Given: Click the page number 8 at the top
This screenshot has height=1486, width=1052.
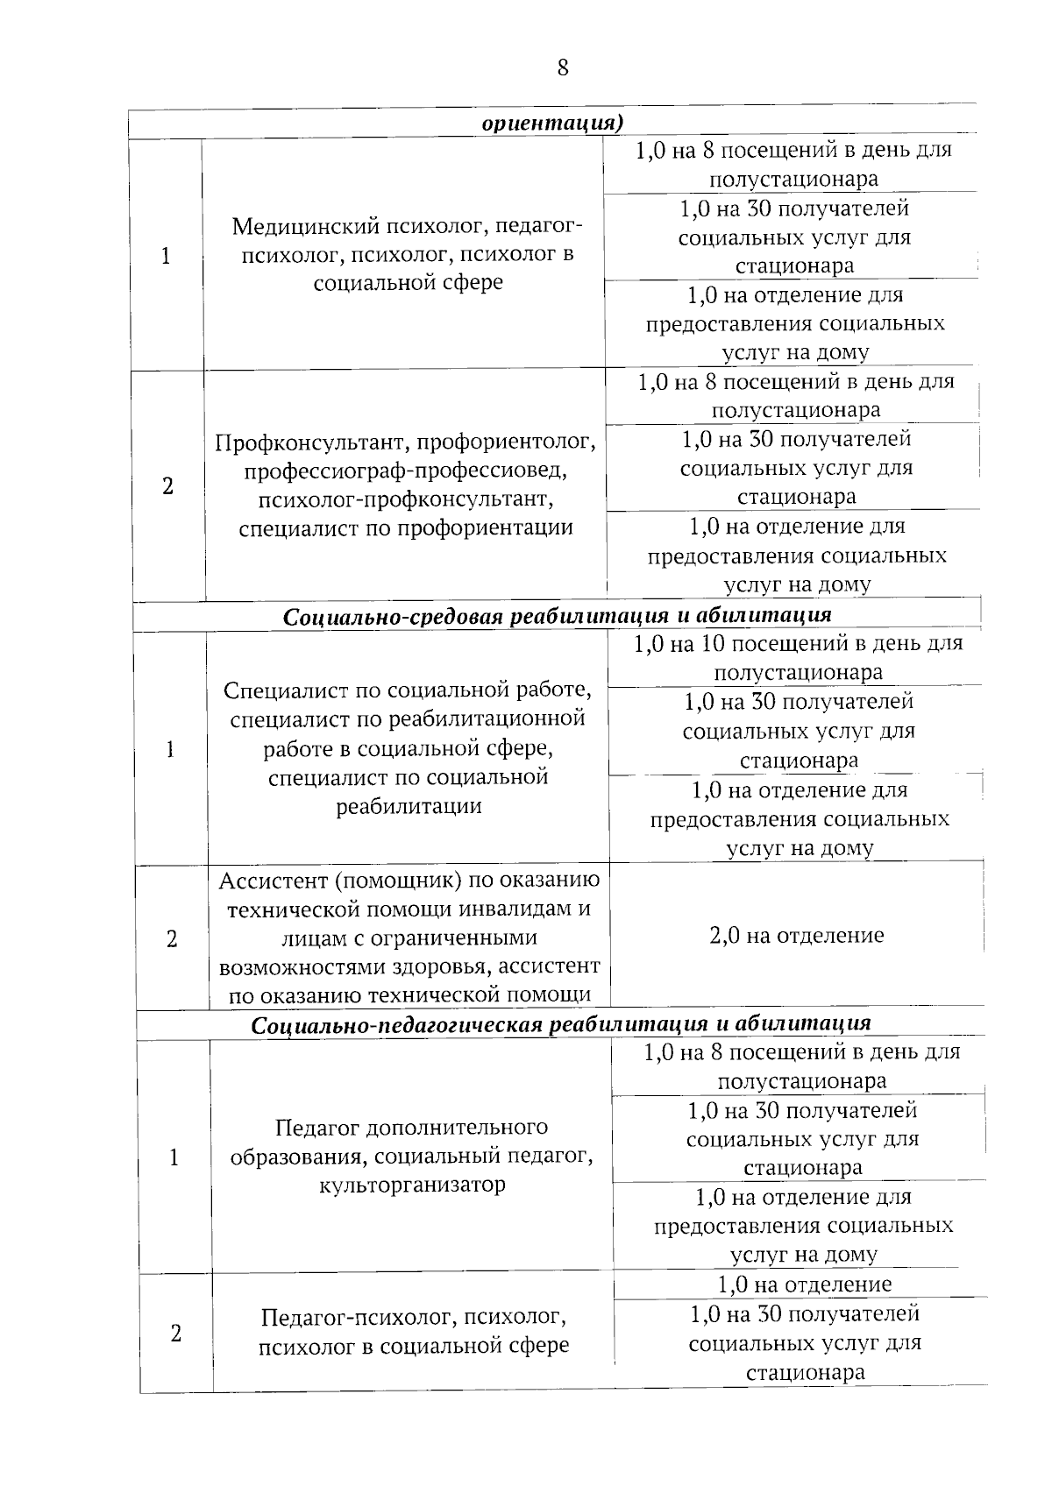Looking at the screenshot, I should click(x=562, y=67).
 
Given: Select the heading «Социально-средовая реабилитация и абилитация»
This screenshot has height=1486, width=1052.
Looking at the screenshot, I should click(x=557, y=615).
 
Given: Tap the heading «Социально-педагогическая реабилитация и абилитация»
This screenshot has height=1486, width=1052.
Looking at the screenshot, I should click(x=561, y=1023).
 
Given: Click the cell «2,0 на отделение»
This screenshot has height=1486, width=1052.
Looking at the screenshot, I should click(x=796, y=935).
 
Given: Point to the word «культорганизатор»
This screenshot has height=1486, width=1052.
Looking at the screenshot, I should click(x=412, y=1185).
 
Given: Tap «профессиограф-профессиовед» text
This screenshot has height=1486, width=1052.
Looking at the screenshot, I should click(x=405, y=471).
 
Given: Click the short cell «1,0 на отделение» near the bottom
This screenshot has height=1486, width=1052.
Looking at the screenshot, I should click(x=804, y=1284).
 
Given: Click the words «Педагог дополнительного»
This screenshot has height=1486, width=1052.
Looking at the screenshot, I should click(x=411, y=1127).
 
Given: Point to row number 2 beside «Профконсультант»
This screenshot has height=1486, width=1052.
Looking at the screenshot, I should click(x=168, y=485).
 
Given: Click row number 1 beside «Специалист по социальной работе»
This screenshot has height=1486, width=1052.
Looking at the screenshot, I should click(x=170, y=749).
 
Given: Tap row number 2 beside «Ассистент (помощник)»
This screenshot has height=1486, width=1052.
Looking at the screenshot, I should click(x=172, y=938).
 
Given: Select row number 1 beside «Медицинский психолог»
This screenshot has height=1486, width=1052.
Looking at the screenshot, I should click(x=166, y=255).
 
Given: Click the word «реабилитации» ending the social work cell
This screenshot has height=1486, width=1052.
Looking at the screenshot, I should click(x=409, y=806).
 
